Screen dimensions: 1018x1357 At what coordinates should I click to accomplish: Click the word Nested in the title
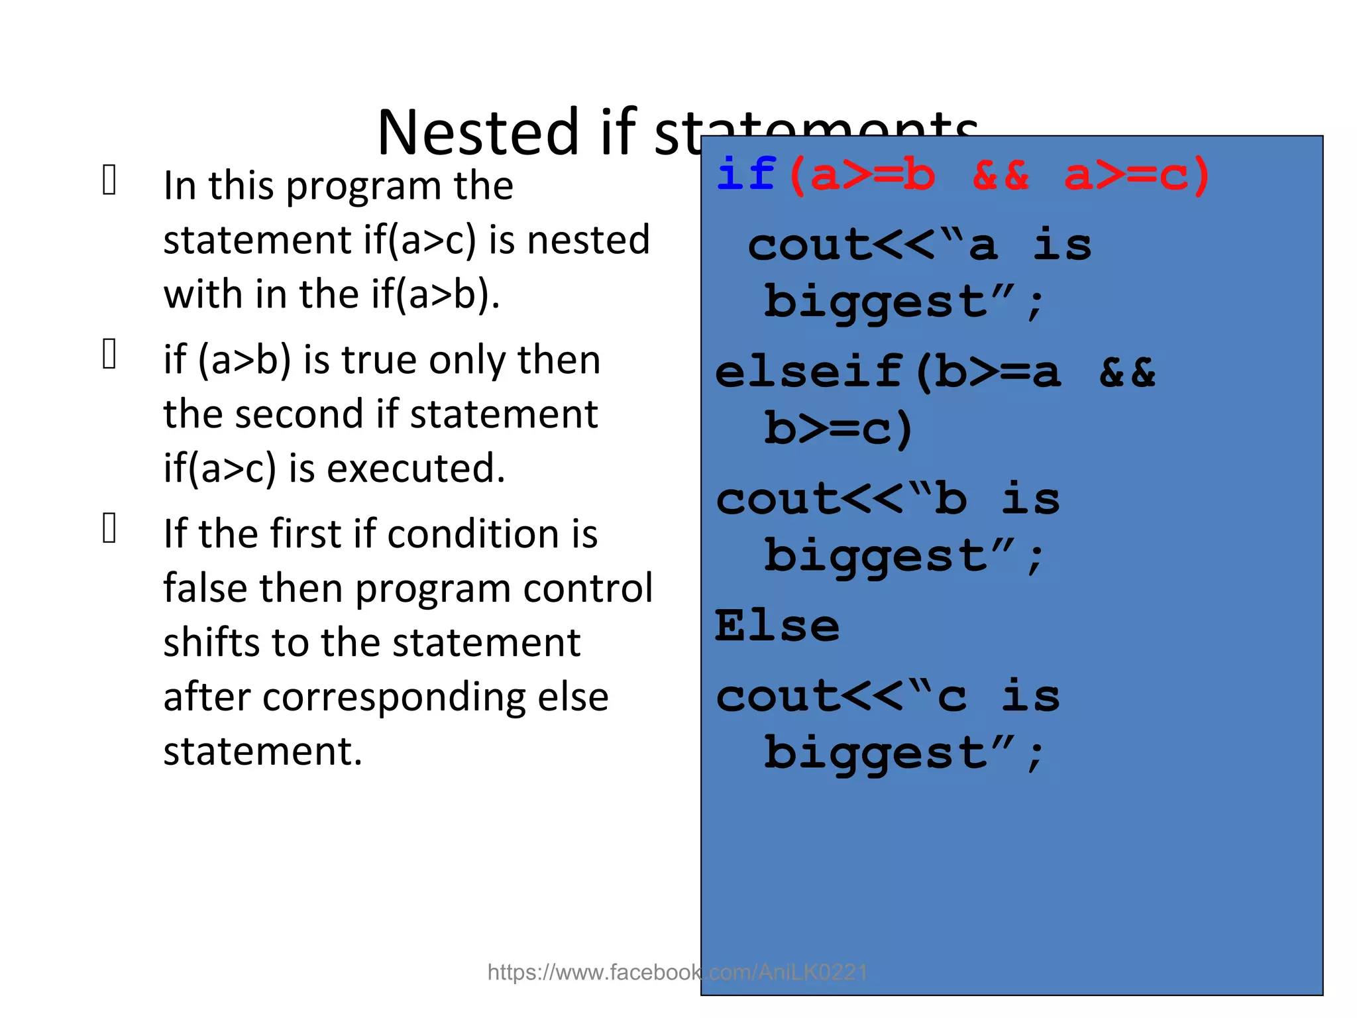[x=478, y=133]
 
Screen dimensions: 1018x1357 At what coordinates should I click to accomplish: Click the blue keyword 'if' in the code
[x=746, y=174]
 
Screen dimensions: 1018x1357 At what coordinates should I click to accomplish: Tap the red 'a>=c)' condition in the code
[x=1137, y=176]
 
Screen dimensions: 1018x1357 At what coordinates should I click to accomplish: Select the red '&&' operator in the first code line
[x=1001, y=176]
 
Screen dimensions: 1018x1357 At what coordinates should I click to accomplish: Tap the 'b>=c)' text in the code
[x=838, y=429]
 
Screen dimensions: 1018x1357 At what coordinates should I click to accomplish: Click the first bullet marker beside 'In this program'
[x=110, y=180]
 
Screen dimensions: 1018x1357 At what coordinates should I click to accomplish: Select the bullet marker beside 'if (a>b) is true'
[x=110, y=354]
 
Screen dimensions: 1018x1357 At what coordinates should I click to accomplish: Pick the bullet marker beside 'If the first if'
[x=110, y=528]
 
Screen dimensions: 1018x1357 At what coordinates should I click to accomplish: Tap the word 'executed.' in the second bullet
[x=416, y=469]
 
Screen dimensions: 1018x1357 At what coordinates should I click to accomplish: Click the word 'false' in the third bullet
[x=205, y=588]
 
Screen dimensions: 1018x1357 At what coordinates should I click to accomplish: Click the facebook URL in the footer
[x=677, y=972]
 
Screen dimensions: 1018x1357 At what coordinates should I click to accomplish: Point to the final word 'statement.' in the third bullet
[x=263, y=752]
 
